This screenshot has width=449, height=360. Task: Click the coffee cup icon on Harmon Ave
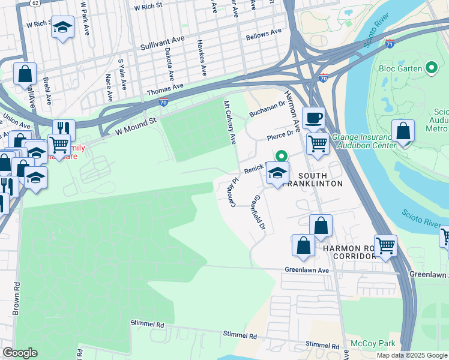click(313, 118)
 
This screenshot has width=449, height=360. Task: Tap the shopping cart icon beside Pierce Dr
click(318, 143)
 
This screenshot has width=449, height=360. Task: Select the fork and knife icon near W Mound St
click(64, 128)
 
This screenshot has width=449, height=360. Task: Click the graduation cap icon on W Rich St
click(62, 27)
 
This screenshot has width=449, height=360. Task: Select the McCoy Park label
click(366, 344)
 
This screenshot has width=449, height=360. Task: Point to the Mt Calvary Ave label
click(230, 122)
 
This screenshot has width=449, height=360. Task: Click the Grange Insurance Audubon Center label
click(363, 141)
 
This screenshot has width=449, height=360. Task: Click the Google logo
click(20, 353)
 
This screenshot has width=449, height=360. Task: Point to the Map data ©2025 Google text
click(411, 355)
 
